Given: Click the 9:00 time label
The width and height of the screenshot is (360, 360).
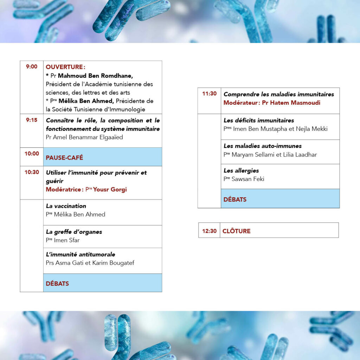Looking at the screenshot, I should pos(32,66).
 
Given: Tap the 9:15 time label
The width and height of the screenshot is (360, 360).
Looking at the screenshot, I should pos(32,120).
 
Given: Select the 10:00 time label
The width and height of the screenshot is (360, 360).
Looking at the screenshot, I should pos(32,154).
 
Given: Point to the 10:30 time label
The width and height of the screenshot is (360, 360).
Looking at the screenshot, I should pos(32,172).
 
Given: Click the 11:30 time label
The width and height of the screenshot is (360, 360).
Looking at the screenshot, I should pos(209,94).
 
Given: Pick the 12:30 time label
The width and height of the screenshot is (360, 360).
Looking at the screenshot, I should pos(209,231).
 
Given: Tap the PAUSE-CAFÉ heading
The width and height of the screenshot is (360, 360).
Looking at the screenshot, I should pos(64,157).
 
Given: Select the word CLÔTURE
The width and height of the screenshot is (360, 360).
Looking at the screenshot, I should pos(236,231).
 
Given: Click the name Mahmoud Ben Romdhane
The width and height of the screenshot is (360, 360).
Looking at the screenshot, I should pos(95,76).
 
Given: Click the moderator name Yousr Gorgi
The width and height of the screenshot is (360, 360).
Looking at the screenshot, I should pos(110,189).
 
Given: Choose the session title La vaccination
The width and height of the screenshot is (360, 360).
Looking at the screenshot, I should pos(66,206).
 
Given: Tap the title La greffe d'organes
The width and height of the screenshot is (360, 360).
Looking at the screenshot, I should pos(74,232).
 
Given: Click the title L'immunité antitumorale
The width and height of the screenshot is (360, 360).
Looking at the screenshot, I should pos(81,254).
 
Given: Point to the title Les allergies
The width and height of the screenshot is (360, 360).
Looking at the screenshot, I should pos(241,171).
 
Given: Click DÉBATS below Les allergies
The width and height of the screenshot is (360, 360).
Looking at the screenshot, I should pos(235,199).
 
